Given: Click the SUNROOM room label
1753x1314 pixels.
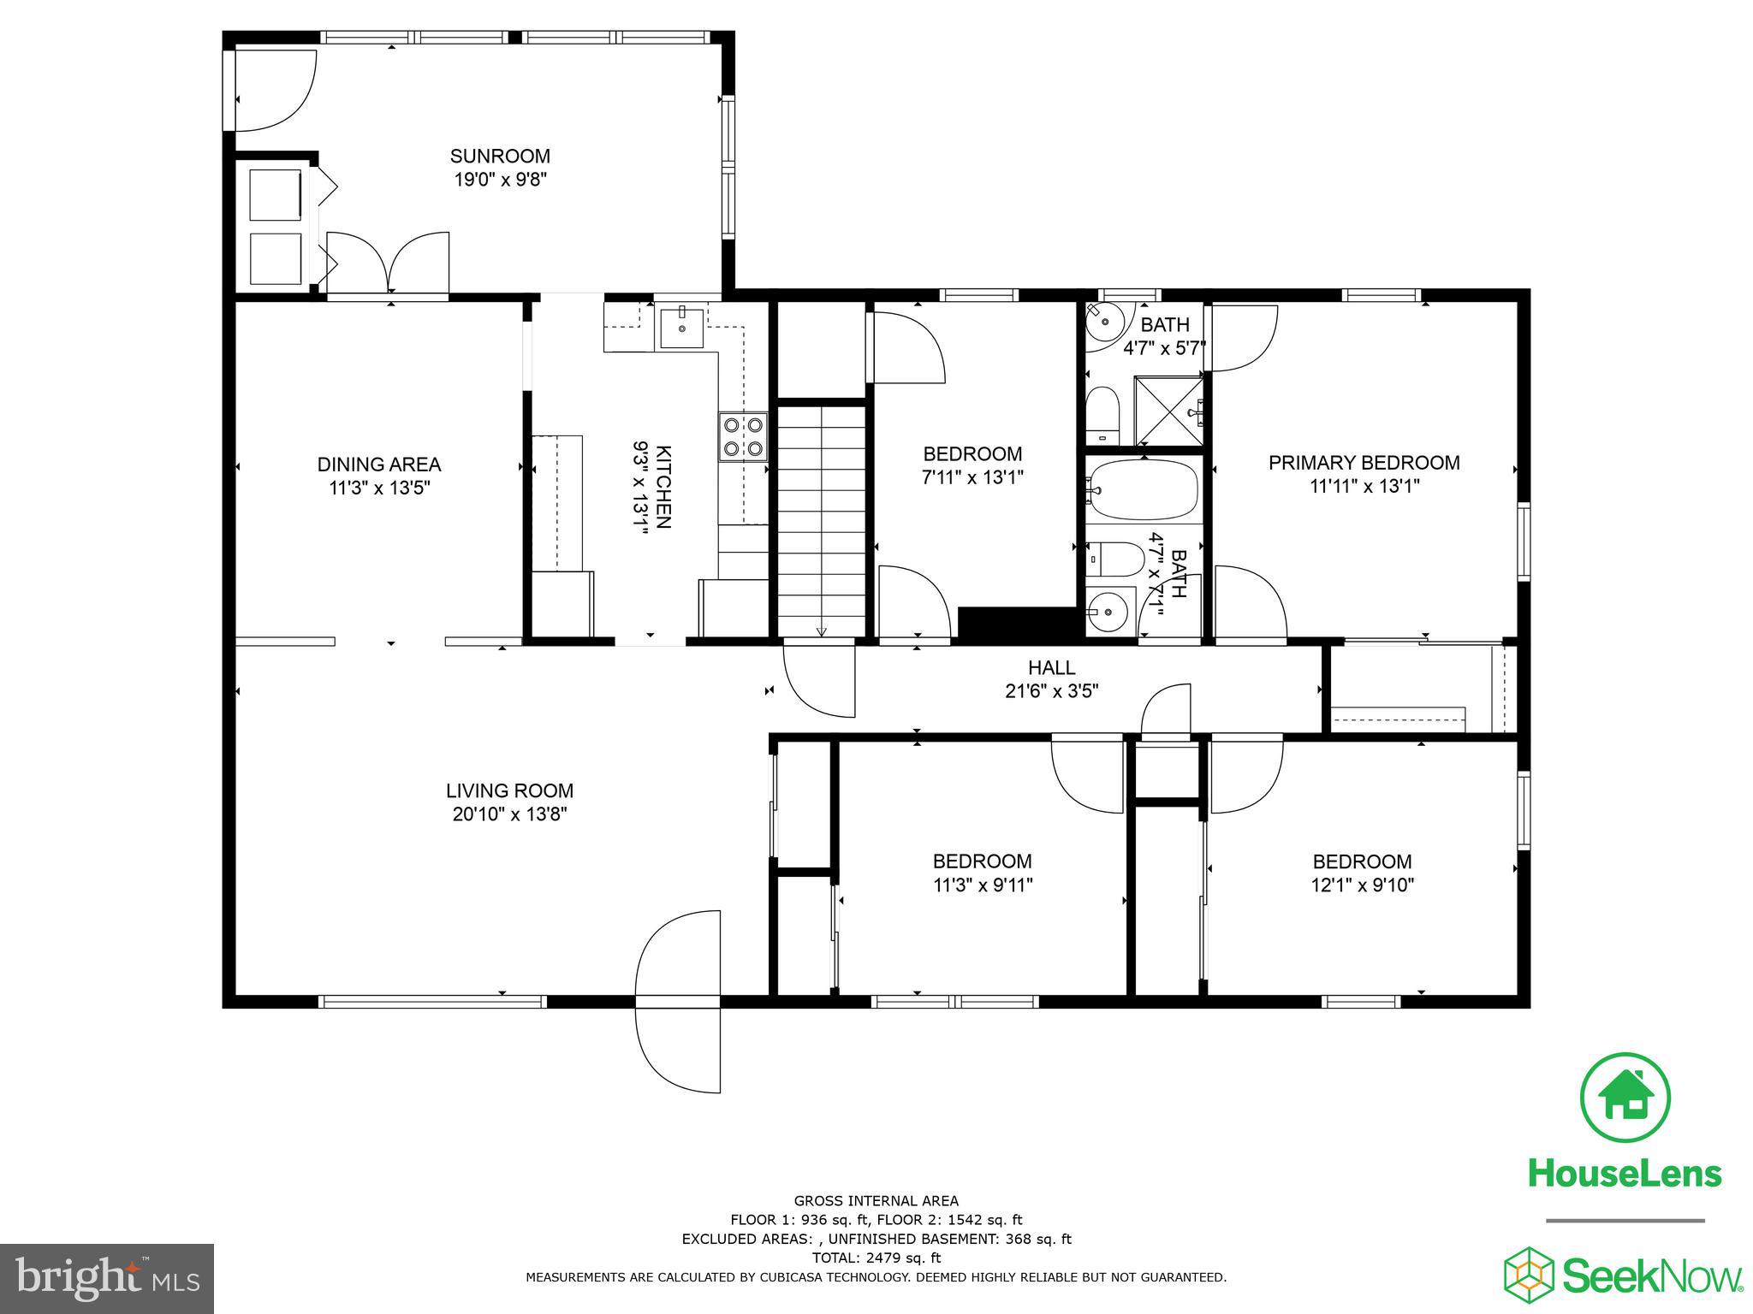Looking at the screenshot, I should coord(500,157).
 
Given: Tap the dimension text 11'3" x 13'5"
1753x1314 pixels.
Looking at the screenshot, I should coord(378,488).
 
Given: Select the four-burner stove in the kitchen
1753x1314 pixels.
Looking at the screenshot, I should coord(741,436).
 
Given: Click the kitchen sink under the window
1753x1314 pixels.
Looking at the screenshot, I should coord(681,328).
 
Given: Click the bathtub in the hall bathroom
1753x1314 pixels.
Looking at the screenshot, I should coord(1144,490).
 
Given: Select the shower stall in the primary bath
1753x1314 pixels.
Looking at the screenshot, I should coord(1168,411).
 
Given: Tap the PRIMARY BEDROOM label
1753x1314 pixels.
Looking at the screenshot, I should coord(1364,463).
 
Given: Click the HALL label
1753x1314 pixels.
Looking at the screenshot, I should coord(1051,668).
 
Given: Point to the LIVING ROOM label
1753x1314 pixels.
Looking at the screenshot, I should coord(509,791).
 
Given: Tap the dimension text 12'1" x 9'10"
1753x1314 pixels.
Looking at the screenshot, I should coord(1362,885).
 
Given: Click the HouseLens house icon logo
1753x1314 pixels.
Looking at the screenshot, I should coord(1624,1098).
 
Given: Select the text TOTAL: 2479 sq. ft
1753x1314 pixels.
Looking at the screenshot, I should coord(876,1258).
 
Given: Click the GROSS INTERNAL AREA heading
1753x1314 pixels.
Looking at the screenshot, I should coord(876,1201).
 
